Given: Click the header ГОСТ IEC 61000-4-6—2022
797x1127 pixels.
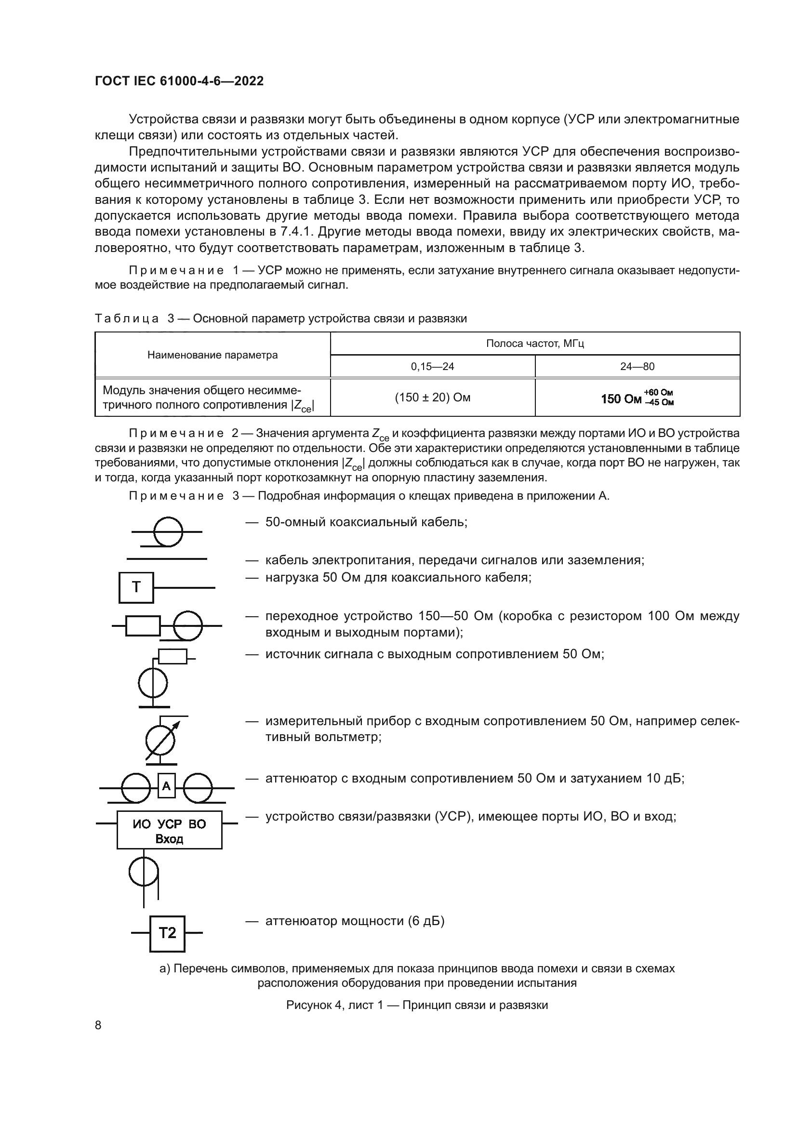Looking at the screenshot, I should coord(179,81).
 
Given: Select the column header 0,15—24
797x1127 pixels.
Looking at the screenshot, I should coord(432,366).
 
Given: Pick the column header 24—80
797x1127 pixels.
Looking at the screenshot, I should coord(637,366).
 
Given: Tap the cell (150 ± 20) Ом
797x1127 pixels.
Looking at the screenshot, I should coord(432,397).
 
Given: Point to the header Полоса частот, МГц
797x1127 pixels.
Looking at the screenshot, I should coord(535,344).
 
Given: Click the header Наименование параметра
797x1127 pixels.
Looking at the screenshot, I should coord(213,355).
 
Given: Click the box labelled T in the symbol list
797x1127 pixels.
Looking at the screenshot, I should coord(136,587).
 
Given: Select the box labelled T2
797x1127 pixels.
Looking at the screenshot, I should coord(167,933).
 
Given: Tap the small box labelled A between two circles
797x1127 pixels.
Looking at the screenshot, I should coord(166,786).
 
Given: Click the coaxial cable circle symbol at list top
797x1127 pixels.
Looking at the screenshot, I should coord(168,531).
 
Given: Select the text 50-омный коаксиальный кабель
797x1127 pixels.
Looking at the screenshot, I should coord(366,522).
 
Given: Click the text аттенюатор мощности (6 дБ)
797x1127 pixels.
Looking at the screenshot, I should coord(354,921).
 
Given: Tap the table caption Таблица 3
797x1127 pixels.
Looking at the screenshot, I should coord(280,318).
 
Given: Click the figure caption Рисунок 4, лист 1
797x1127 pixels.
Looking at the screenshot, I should coord(417,1005).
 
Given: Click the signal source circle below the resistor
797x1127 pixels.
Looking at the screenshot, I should coord(153,683).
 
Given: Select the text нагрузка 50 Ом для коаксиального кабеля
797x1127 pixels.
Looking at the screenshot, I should coord(398,577).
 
